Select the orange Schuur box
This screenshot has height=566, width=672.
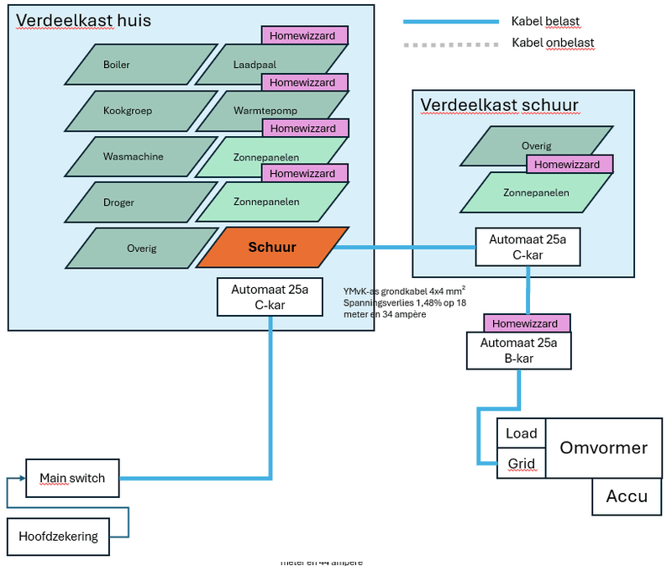pyautogui.click(x=272, y=248)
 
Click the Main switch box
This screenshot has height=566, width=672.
pyautogui.click(x=72, y=479)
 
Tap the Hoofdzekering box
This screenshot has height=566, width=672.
pyautogui.click(x=59, y=537)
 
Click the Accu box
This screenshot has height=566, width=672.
pyautogui.click(x=627, y=496)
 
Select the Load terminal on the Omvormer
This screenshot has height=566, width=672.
pyautogui.click(x=521, y=434)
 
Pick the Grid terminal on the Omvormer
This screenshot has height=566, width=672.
pyautogui.click(x=521, y=463)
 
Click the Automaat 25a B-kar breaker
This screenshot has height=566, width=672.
pyautogui.click(x=519, y=350)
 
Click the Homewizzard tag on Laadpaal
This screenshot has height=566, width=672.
pyautogui.click(x=304, y=35)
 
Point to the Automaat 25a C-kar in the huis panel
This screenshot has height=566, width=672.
pyautogui.click(x=270, y=297)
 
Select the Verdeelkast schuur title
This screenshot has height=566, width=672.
pyautogui.click(x=499, y=105)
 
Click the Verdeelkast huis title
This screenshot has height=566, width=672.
pyautogui.click(x=83, y=20)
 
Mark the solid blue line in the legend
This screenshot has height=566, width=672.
pyautogui.click(x=449, y=22)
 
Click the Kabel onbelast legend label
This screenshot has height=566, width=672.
pyautogui.click(x=553, y=42)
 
